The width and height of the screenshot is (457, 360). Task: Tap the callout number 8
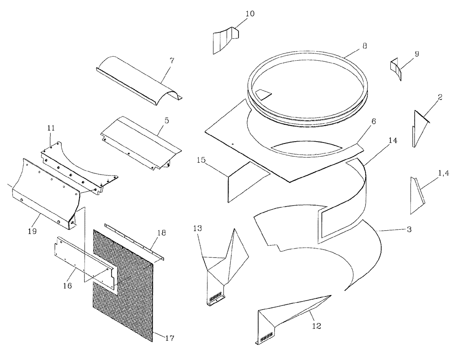364,46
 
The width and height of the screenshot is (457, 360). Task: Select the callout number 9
416,54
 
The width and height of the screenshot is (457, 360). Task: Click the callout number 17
169,339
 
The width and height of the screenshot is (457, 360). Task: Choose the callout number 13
197,228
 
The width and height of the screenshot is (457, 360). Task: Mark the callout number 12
316,326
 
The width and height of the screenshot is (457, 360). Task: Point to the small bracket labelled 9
395,68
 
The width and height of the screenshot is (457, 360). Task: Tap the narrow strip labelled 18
135,242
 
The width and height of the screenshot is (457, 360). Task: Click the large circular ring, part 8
307,87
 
